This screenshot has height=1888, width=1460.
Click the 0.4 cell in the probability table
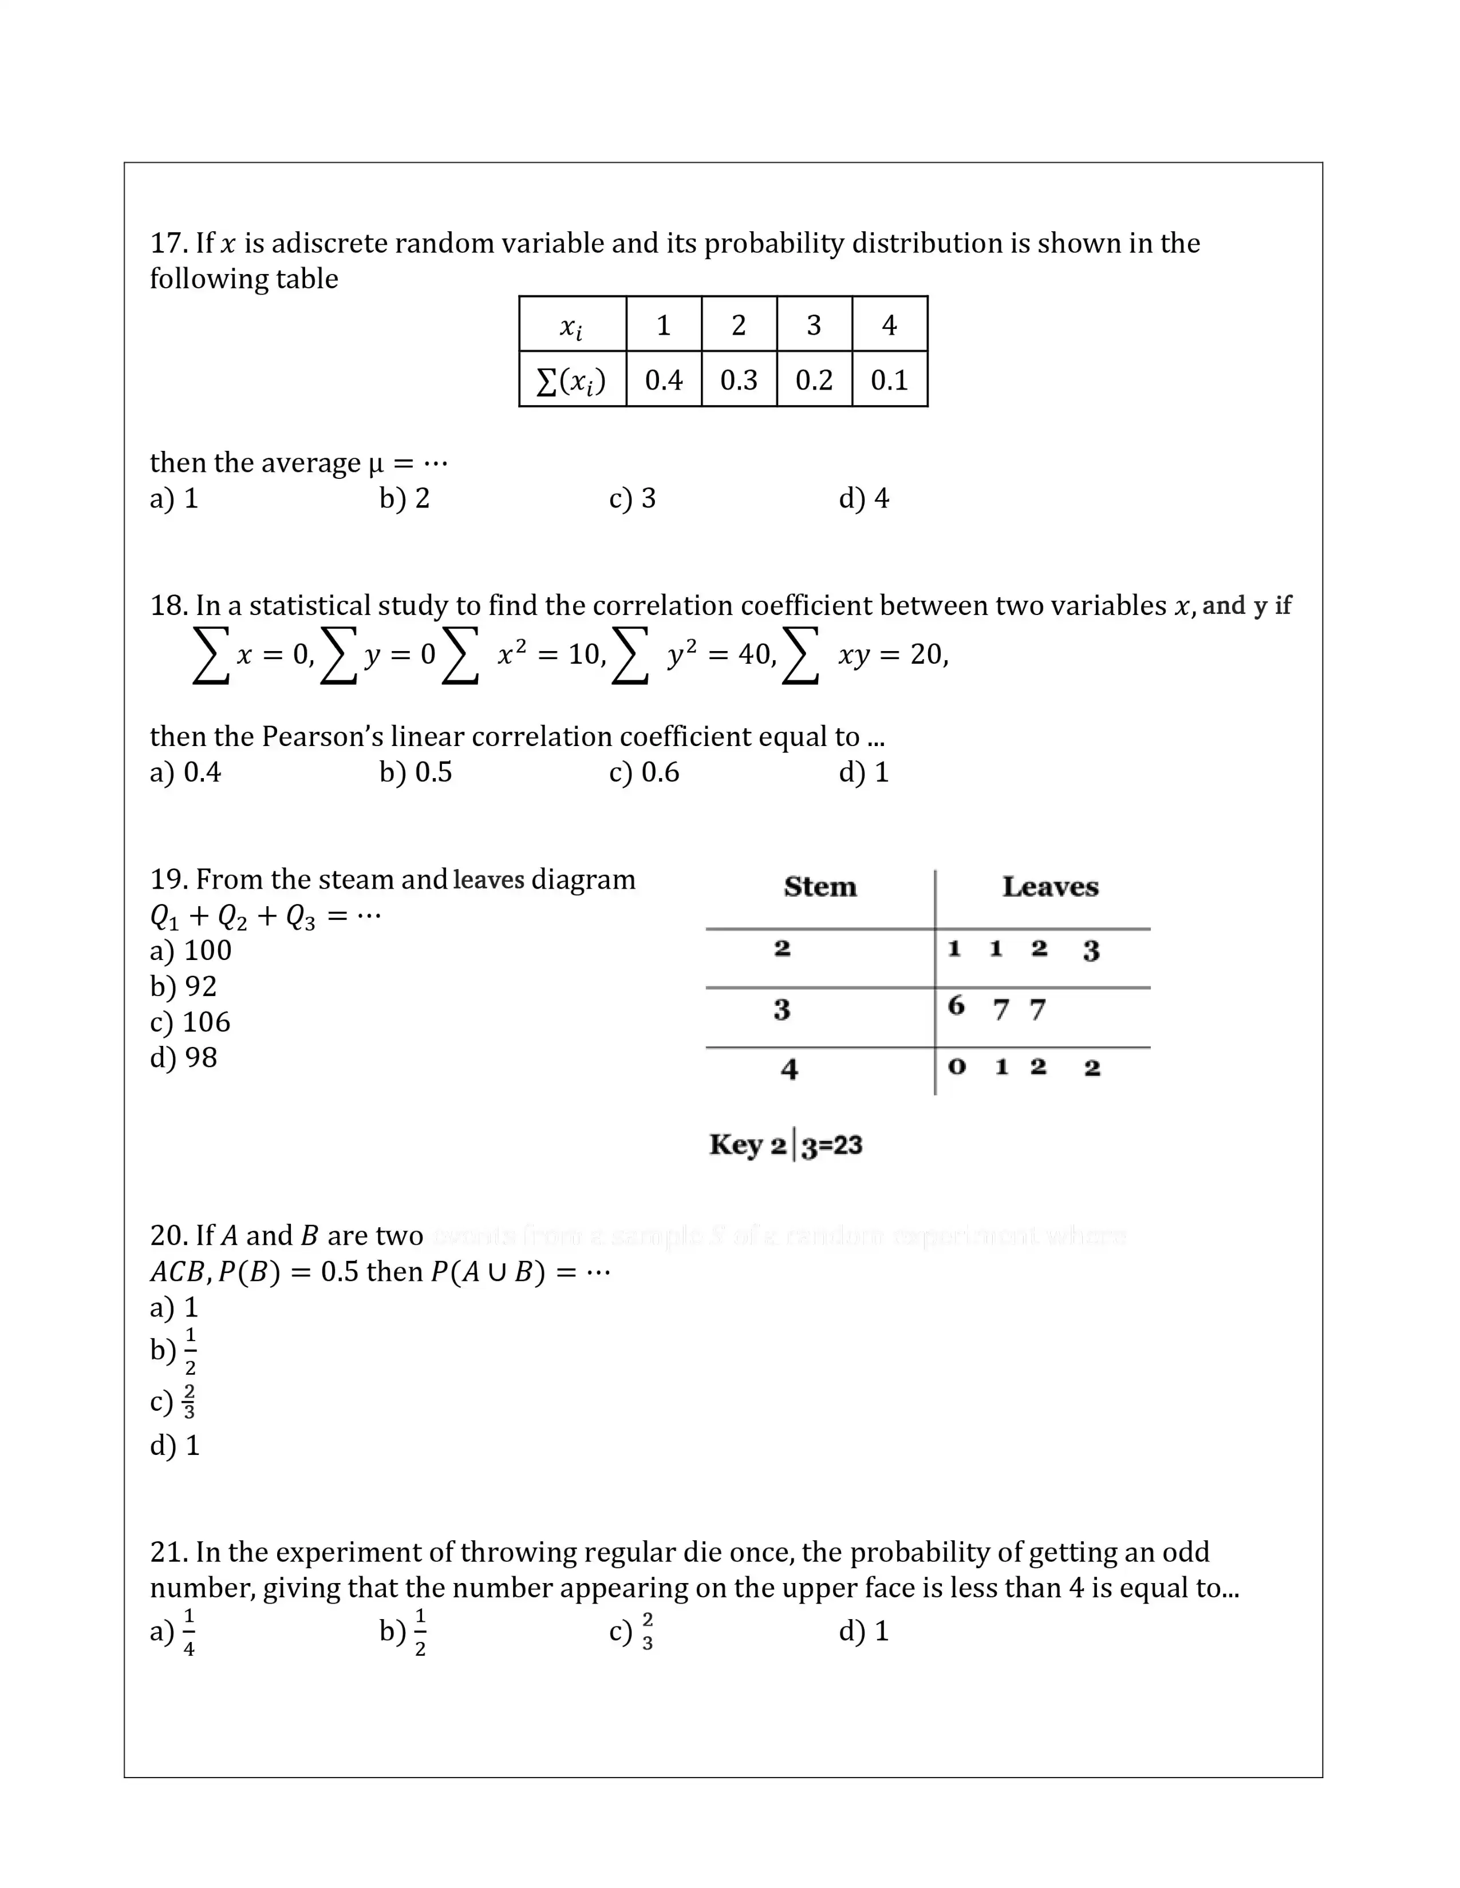(x=664, y=379)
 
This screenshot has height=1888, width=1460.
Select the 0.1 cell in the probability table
(x=889, y=379)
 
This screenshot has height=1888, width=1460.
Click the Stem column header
(x=820, y=887)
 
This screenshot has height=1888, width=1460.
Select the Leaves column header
(x=1050, y=887)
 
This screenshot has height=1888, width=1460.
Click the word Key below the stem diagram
(x=735, y=1145)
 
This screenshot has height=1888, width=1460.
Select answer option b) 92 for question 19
(x=183, y=986)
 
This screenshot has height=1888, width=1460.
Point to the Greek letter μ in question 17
(x=376, y=464)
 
